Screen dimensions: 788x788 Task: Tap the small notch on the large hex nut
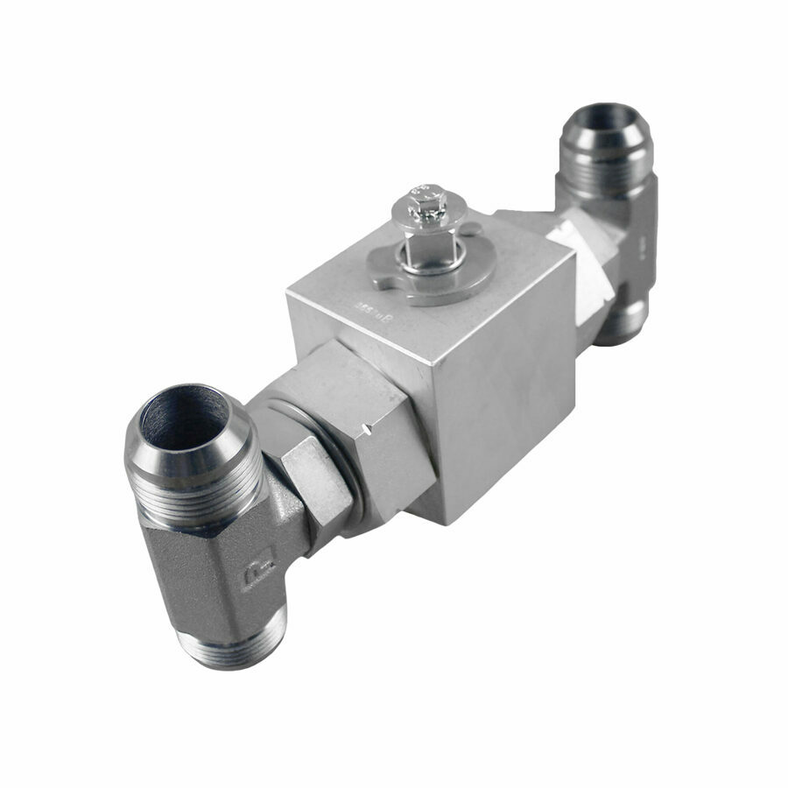[x=374, y=430]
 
